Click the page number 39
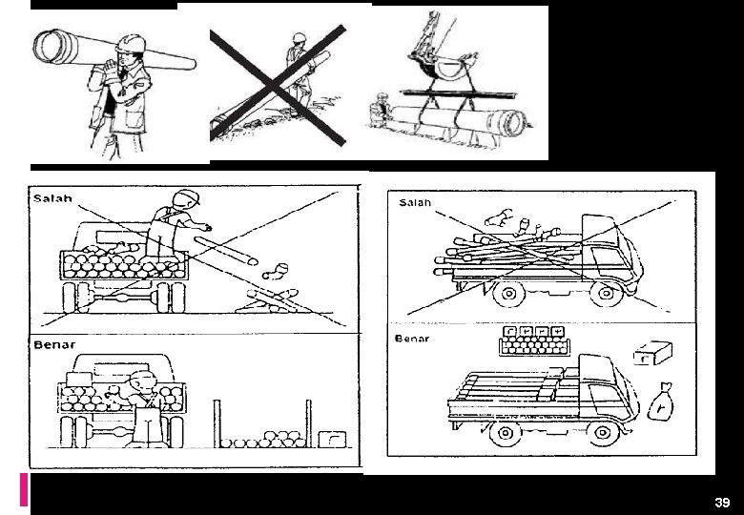coord(722,503)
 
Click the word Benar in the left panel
coord(53,344)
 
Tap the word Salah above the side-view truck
coord(415,202)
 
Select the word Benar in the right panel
coord(412,339)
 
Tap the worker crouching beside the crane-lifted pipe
coord(381,110)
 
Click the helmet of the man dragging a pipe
coord(299,38)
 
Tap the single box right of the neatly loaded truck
coord(652,353)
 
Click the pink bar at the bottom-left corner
coord(23,488)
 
